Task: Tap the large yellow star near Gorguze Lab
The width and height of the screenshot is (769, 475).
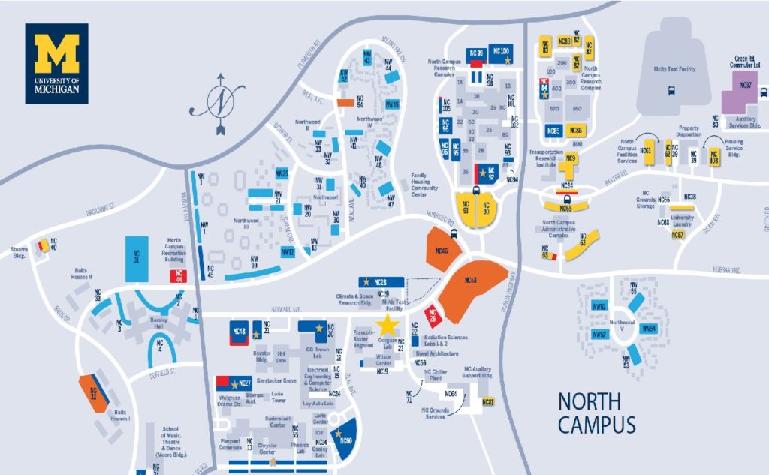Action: click(388, 325)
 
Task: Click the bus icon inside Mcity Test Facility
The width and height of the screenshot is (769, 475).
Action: click(671, 91)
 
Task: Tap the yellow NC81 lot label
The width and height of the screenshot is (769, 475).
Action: click(488, 403)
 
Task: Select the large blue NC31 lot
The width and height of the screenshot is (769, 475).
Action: click(137, 259)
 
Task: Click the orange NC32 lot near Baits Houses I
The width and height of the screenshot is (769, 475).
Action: click(93, 392)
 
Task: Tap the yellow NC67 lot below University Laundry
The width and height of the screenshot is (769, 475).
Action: click(677, 235)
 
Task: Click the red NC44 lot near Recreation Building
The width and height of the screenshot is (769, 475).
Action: click(179, 275)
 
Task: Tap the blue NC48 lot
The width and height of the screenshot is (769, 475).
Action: click(240, 332)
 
